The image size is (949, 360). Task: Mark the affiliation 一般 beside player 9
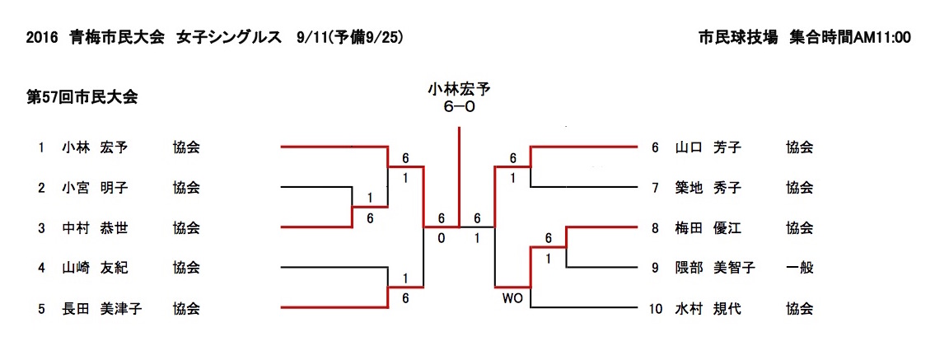[x=799, y=268]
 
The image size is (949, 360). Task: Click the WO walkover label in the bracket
[x=512, y=297]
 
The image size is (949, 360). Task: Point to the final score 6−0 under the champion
[x=460, y=106]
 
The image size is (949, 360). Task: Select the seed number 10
[x=656, y=309]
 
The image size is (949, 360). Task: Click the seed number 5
[x=40, y=309]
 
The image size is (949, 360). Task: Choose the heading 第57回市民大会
[x=82, y=97]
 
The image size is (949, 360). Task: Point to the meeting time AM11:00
[x=881, y=38]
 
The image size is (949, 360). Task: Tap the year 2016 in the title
[x=40, y=38]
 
